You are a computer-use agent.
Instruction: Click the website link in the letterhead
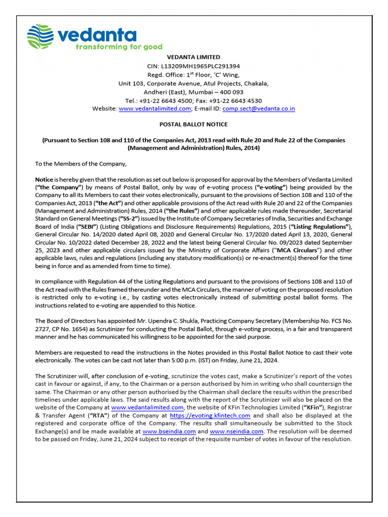(x=155, y=109)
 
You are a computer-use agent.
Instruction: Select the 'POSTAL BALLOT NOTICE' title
(x=194, y=124)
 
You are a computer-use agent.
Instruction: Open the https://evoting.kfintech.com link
(x=210, y=416)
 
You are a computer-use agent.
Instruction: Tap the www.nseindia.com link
(x=236, y=432)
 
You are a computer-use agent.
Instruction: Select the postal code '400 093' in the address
(x=232, y=92)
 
